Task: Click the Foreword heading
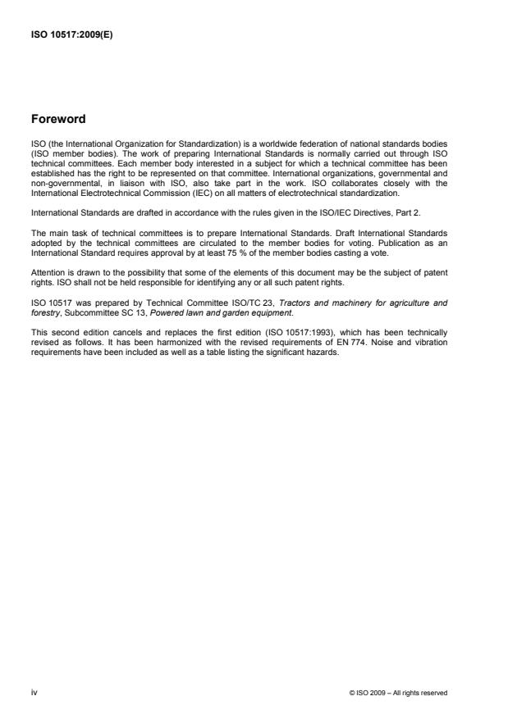[x=59, y=118]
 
